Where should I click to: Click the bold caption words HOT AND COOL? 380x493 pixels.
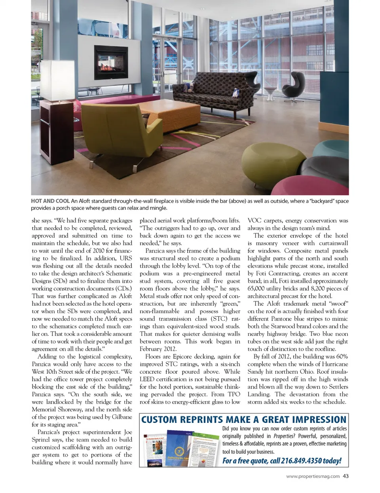point(50,201)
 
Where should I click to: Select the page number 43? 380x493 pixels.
point(346,476)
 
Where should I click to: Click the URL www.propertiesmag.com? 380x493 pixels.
point(313,476)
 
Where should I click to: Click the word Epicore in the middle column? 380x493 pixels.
point(182,356)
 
